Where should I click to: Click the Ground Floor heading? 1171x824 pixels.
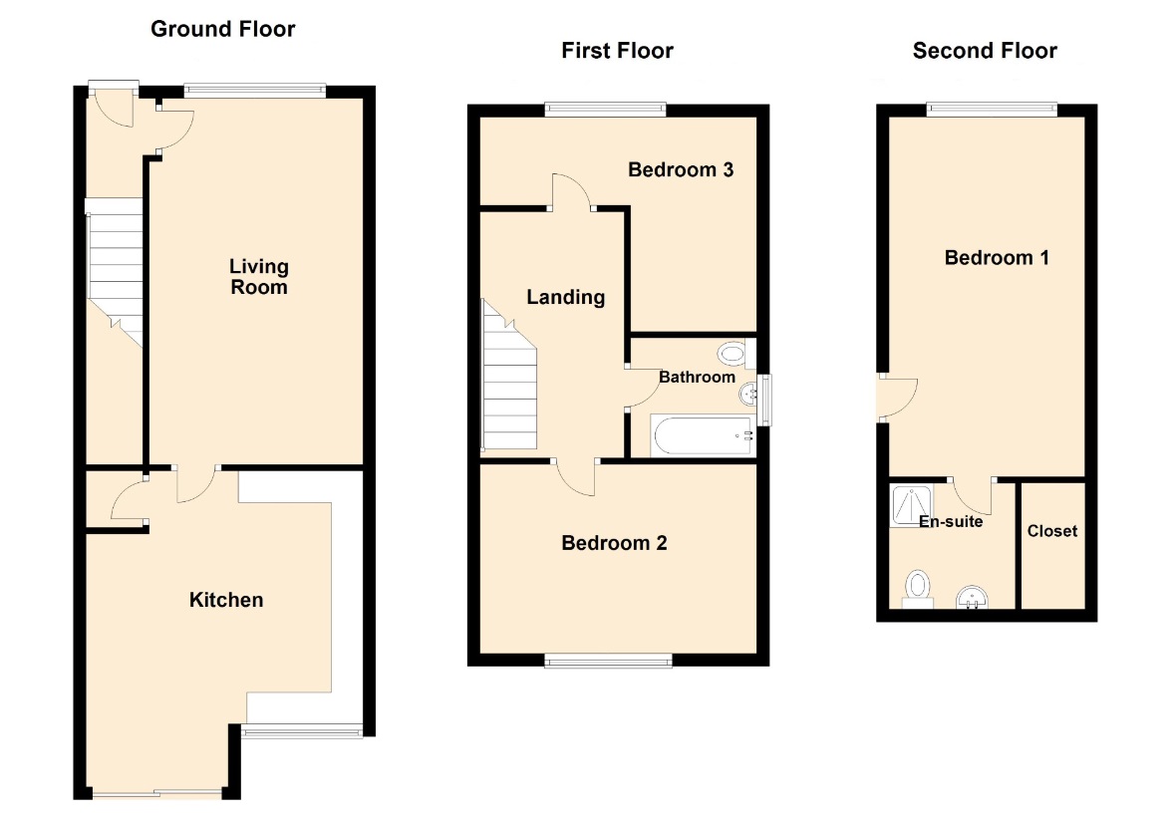click(x=222, y=29)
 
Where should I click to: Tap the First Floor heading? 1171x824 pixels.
click(x=617, y=51)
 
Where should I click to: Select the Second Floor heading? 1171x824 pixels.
click(x=985, y=51)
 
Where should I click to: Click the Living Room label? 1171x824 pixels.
click(x=258, y=277)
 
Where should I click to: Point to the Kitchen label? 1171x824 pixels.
click(x=226, y=600)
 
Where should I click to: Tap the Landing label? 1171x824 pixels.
click(x=565, y=297)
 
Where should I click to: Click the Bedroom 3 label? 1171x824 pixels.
click(x=681, y=170)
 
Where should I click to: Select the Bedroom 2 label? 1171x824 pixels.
click(x=614, y=543)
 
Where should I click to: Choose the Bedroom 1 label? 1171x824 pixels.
click(x=997, y=258)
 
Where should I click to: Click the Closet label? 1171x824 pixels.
click(x=1051, y=531)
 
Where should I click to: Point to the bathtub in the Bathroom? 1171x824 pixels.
click(x=702, y=435)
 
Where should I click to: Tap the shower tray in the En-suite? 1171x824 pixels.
click(x=911, y=506)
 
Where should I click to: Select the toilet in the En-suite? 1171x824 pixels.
click(x=917, y=589)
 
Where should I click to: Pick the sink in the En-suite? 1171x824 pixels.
click(x=972, y=598)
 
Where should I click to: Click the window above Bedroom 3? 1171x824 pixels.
click(x=605, y=110)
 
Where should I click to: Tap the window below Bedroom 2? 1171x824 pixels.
click(x=608, y=660)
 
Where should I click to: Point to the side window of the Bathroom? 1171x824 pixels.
click(x=764, y=401)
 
